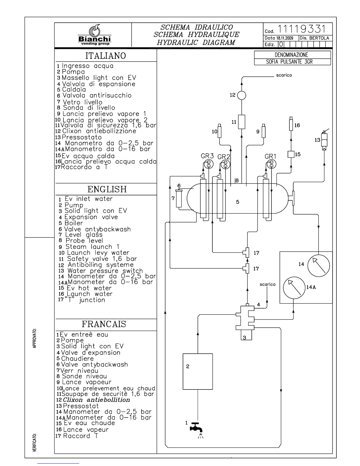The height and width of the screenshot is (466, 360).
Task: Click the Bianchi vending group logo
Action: click(94, 35)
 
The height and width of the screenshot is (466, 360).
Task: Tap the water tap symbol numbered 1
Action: click(196, 428)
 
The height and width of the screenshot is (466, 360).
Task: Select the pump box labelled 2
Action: click(198, 371)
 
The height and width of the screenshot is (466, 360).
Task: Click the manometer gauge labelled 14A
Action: click(294, 287)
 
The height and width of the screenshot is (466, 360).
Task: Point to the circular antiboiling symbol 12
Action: click(241, 95)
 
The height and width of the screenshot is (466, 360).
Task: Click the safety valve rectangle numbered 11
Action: click(241, 122)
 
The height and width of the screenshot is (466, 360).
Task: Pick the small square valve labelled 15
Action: click(291, 154)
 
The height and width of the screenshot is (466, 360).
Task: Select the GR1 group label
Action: click(270, 157)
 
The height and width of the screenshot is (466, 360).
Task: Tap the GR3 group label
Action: click(207, 156)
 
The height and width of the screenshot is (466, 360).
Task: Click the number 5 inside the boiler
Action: click(238, 202)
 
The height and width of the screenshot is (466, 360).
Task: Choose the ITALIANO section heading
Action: click(106, 56)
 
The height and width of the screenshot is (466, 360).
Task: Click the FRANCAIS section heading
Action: click(104, 324)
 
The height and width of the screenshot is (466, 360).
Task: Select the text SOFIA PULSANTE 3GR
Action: click(287, 62)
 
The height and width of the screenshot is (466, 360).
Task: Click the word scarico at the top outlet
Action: click(284, 75)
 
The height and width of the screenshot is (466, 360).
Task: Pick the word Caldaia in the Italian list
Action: click(74, 89)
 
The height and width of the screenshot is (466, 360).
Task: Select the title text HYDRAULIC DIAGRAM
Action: click(196, 42)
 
